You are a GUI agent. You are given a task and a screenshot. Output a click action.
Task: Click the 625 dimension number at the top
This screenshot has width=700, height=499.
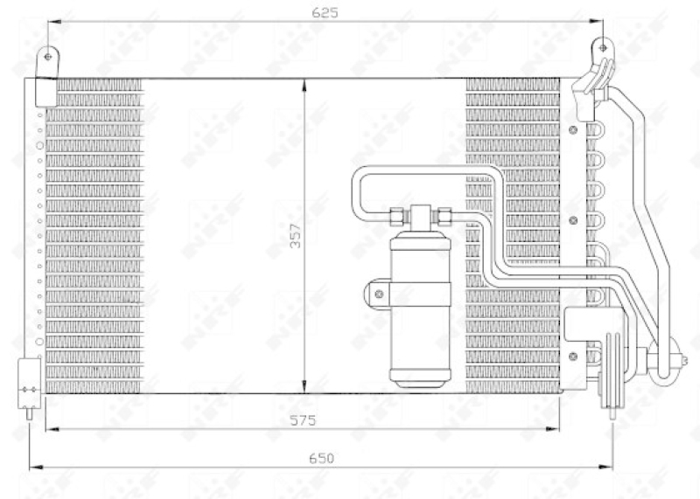coord(325,12)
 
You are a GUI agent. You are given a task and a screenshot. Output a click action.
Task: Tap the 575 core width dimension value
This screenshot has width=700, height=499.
coord(303,420)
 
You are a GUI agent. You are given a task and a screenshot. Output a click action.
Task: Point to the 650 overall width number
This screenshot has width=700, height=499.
coord(321,458)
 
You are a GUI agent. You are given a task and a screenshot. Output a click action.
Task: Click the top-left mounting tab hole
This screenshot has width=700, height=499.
coord(49,56)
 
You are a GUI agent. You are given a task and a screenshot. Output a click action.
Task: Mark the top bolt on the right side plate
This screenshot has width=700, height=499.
coord(573,131)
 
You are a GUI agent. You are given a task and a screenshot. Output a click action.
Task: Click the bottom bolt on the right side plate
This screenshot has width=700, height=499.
coord(573,355)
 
